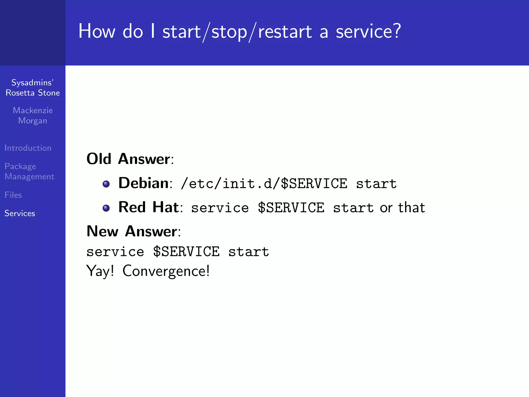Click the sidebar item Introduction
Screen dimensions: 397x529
(28, 148)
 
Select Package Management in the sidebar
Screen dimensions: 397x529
(29, 171)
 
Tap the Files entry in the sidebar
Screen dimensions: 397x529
(13, 195)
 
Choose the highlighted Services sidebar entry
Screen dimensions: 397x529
(20, 213)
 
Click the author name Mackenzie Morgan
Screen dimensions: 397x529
(33, 116)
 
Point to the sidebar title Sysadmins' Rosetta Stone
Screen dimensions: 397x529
(33, 88)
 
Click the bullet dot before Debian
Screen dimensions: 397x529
(106, 184)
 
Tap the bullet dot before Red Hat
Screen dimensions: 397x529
(106, 208)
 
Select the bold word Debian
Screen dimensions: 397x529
(143, 183)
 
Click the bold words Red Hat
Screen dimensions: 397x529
(149, 207)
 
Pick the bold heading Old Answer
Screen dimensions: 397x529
(128, 159)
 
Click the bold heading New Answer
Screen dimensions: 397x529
(132, 231)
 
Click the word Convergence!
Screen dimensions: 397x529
(166, 271)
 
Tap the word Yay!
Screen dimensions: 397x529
(100, 271)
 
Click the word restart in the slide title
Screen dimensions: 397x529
(285, 32)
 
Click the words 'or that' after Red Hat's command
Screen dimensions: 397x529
(402, 208)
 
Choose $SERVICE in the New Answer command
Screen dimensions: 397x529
(186, 252)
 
